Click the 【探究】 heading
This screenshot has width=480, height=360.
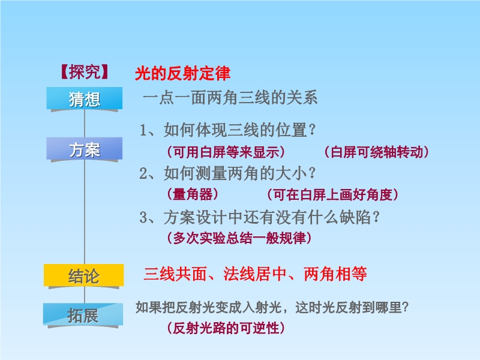[x=85, y=72]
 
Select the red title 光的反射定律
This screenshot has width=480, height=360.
[x=182, y=73]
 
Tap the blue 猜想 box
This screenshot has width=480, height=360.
[x=85, y=98]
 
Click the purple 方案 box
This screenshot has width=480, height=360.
[x=85, y=149]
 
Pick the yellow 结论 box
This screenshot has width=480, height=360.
[x=84, y=275]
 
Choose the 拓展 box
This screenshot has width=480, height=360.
[x=83, y=314]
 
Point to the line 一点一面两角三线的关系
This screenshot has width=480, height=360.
[x=230, y=98]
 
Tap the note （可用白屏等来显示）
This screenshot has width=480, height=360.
[x=226, y=152]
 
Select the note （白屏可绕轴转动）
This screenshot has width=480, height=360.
[x=377, y=152]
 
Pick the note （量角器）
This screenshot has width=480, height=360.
[x=193, y=194]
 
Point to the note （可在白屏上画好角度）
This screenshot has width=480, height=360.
[x=333, y=194]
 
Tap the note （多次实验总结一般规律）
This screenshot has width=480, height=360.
[x=239, y=238]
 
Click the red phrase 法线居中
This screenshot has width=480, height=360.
[x=255, y=274]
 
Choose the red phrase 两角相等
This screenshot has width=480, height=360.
[x=335, y=274]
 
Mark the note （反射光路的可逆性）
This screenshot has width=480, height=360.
[x=226, y=328]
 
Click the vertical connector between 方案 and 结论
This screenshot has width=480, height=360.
[x=85, y=212]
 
